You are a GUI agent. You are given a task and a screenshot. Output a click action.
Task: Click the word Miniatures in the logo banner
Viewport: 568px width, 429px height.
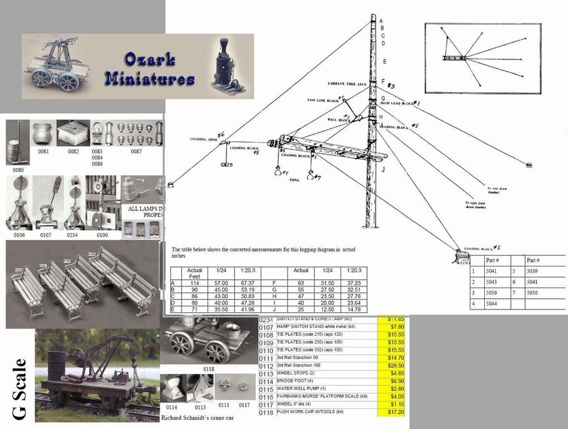point(149,79)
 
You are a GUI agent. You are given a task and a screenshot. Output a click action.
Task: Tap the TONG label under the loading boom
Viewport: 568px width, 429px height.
point(295,180)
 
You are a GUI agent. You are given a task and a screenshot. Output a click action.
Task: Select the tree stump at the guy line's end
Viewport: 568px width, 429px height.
point(461,255)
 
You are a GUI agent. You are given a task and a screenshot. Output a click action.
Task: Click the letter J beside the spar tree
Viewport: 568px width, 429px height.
point(383,169)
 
